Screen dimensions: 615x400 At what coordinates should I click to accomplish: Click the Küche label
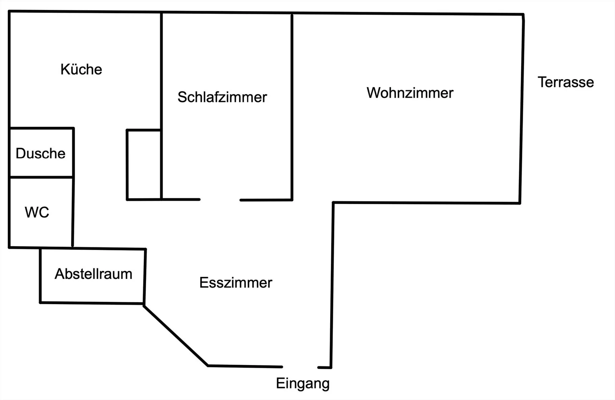coord(81,69)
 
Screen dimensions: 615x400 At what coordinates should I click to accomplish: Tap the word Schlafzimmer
coord(222,97)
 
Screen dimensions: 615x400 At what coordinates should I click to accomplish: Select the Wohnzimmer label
coord(410,93)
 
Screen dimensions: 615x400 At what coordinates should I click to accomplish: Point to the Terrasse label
coord(565,82)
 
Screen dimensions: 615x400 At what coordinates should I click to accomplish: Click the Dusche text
coord(41,153)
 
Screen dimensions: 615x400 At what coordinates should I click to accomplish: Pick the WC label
coord(37,212)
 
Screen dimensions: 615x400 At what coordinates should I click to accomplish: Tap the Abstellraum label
coord(93,274)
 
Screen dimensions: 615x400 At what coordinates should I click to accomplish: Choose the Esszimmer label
coord(236,283)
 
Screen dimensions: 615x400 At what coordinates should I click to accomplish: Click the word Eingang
coord(303,383)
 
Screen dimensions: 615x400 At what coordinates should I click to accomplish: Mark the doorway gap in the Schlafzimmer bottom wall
coord(220,200)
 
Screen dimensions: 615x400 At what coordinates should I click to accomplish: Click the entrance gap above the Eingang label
coord(300,367)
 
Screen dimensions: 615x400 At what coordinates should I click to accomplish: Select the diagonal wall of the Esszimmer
coord(176,335)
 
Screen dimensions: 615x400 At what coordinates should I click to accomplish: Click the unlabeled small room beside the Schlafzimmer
coord(144,165)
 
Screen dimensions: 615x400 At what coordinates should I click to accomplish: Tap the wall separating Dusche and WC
coord(41,177)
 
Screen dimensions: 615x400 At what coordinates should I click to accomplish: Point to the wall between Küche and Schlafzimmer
coord(161,106)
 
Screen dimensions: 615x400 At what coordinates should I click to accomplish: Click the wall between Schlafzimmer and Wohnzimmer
coord(292,107)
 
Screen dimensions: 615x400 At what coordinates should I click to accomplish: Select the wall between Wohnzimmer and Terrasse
coord(522,108)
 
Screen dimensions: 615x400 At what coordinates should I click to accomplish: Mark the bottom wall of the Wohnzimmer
coord(426,203)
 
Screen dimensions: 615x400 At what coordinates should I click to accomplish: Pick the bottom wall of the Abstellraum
coord(92,303)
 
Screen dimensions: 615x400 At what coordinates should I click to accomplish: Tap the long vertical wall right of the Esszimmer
coord(332,285)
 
